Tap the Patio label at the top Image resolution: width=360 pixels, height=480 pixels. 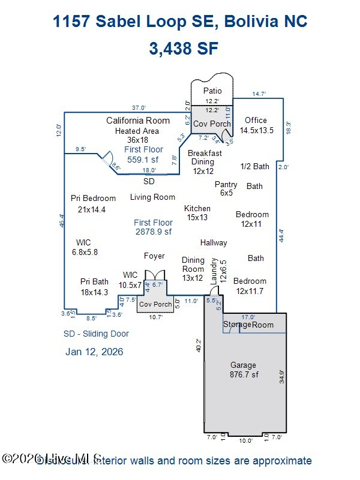[212, 91]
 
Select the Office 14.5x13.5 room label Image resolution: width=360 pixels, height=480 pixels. [256, 125]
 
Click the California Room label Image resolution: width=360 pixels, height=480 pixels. [138, 121]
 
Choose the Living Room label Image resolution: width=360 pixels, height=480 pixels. [152, 197]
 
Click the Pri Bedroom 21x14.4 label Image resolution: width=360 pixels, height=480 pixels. [93, 203]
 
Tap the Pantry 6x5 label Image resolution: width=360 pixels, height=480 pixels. [226, 189]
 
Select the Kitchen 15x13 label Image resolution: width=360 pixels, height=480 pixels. [197, 212]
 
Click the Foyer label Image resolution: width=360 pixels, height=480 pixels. [154, 256]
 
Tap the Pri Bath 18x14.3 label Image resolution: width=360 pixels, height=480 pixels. [94, 286]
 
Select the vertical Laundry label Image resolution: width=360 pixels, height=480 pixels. [214, 271]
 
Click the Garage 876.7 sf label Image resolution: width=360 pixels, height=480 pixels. [243, 370]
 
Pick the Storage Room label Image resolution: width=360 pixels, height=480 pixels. [248, 325]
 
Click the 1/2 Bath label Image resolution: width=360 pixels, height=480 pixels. [254, 166]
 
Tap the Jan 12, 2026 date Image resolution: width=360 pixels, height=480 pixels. [94, 352]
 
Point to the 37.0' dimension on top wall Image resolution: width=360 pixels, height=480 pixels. [139, 107]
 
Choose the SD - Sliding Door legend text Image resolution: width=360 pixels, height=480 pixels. [96, 334]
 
